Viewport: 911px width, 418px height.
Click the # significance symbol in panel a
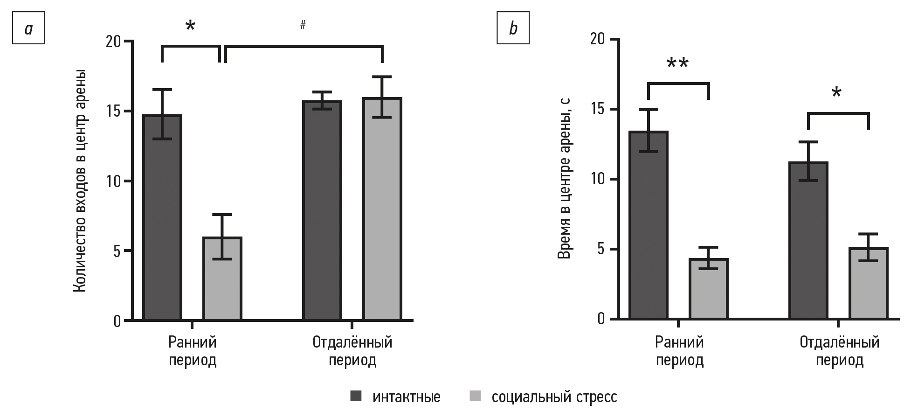[303, 25]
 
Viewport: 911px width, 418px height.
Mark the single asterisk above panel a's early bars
[190, 26]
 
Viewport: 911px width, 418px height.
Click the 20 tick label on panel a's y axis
[113, 42]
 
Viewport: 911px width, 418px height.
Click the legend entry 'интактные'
[406, 397]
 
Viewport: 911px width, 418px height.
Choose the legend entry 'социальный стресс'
[554, 397]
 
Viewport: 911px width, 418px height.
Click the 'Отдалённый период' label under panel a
[352, 351]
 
